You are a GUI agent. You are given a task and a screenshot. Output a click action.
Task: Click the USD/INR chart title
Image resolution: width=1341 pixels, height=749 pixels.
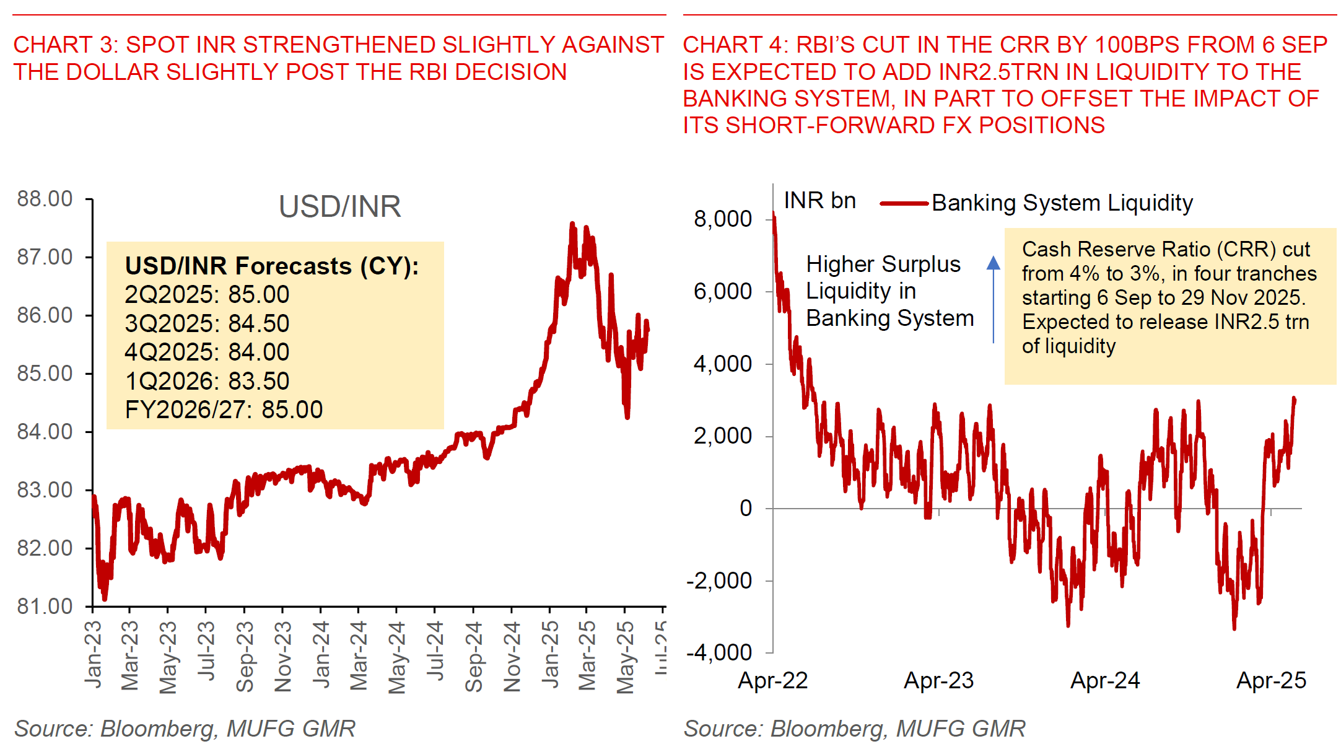339,207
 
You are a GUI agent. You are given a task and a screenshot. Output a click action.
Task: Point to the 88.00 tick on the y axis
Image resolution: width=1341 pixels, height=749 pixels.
45,199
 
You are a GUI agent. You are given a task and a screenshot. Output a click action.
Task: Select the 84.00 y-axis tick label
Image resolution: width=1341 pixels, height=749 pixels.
45,431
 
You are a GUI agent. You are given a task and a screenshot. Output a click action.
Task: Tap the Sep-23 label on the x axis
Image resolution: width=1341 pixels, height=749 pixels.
245,657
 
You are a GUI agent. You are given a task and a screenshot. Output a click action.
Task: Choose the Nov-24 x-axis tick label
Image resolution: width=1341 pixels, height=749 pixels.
512,657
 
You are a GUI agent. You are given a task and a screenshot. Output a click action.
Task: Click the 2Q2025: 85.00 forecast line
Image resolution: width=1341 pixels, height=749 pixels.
207,294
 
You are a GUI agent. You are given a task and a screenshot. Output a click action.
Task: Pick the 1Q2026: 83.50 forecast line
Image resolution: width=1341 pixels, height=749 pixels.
207,381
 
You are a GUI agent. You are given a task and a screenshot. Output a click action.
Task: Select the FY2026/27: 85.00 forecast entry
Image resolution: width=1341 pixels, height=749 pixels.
224,410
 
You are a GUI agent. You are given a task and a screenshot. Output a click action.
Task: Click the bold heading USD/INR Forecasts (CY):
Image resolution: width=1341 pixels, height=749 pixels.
272,266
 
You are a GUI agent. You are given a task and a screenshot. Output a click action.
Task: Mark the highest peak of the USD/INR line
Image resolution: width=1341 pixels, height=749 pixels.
572,224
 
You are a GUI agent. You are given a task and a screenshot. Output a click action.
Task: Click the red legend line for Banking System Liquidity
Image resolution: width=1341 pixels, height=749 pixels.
904,203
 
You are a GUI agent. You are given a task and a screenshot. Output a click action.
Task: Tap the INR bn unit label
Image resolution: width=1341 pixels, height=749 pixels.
819,201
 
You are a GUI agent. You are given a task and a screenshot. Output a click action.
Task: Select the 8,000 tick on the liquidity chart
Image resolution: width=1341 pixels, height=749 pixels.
722,219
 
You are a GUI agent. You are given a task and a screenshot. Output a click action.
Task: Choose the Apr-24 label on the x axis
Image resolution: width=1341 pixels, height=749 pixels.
1105,680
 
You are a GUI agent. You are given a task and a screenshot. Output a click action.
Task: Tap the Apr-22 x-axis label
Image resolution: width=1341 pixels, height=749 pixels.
773,680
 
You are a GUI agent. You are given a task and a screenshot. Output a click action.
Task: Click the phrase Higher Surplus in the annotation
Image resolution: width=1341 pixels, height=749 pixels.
883,265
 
